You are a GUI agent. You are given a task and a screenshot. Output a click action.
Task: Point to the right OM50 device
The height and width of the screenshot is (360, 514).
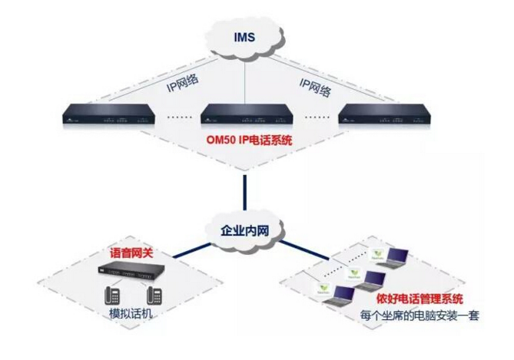tap(384, 117)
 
